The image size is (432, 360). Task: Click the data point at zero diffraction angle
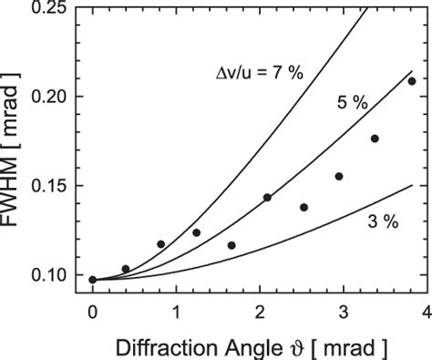[x=93, y=280]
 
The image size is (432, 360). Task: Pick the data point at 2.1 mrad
[x=268, y=198]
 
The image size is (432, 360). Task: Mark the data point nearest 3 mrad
[x=339, y=177]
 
